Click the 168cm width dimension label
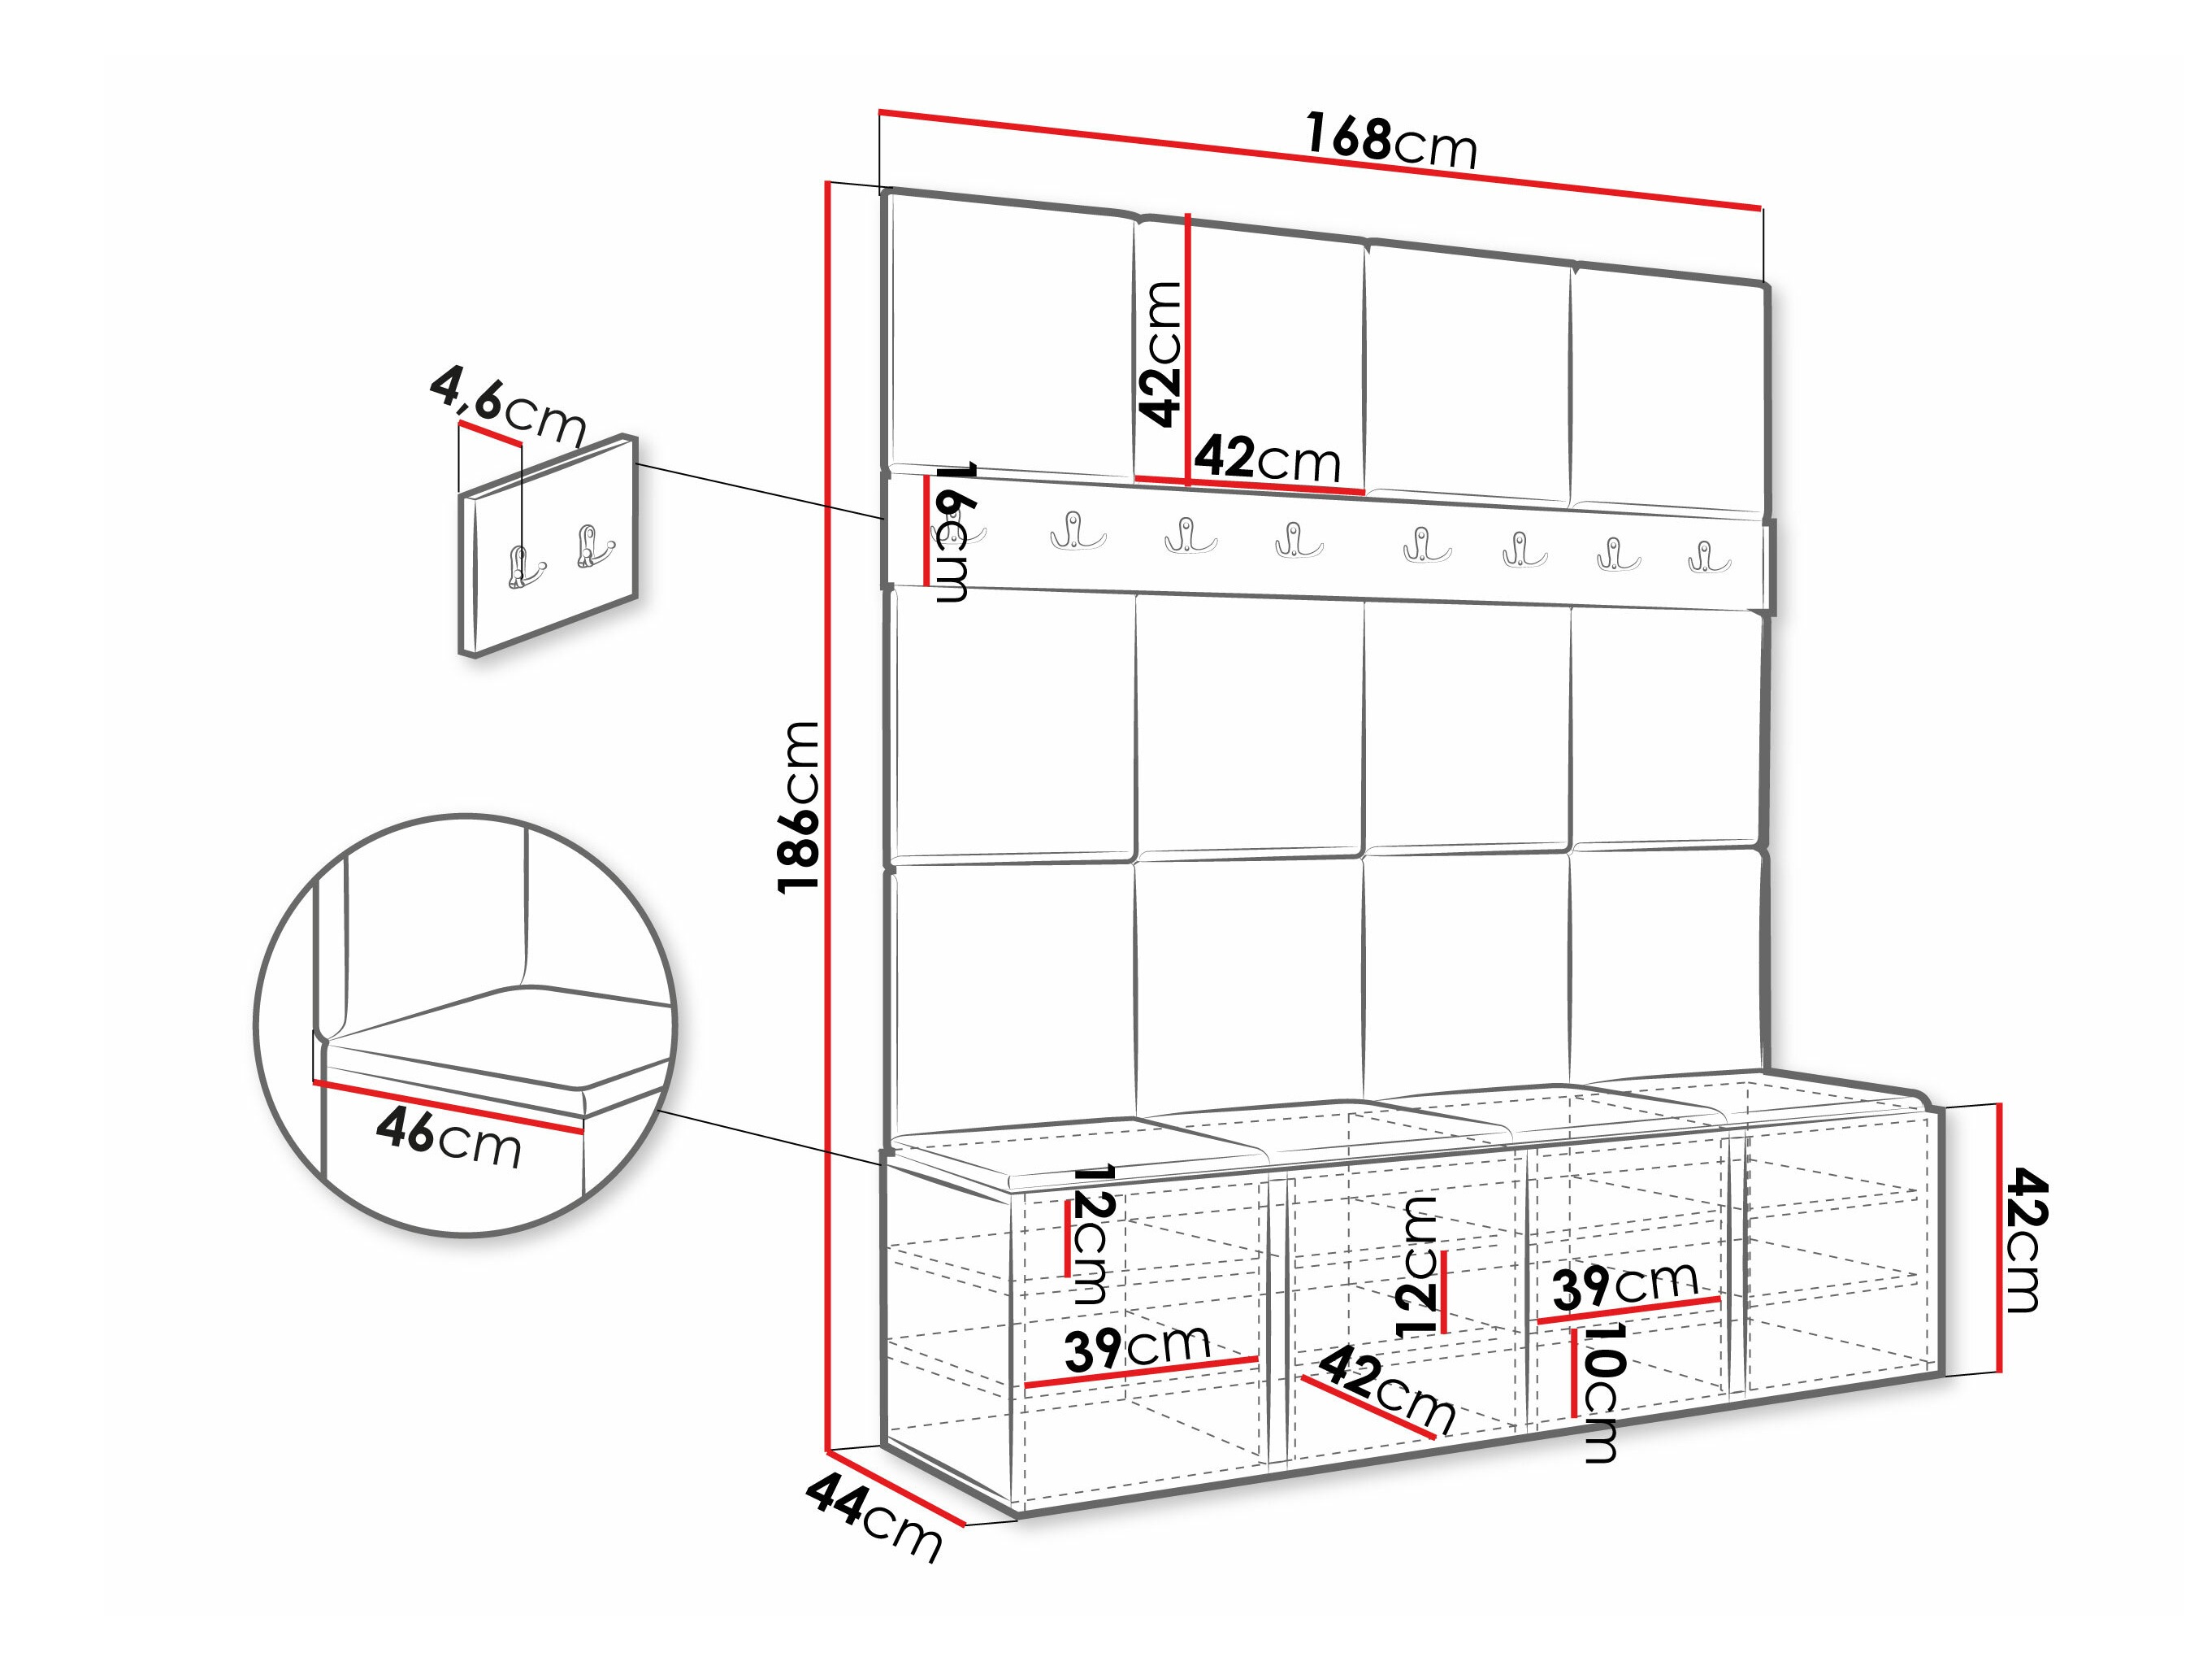(1391, 141)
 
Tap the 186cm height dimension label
(800, 807)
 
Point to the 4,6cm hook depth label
(508, 406)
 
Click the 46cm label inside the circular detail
(449, 1138)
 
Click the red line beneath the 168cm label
(1320, 159)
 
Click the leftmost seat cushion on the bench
(1026, 1146)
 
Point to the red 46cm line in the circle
(449, 1106)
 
